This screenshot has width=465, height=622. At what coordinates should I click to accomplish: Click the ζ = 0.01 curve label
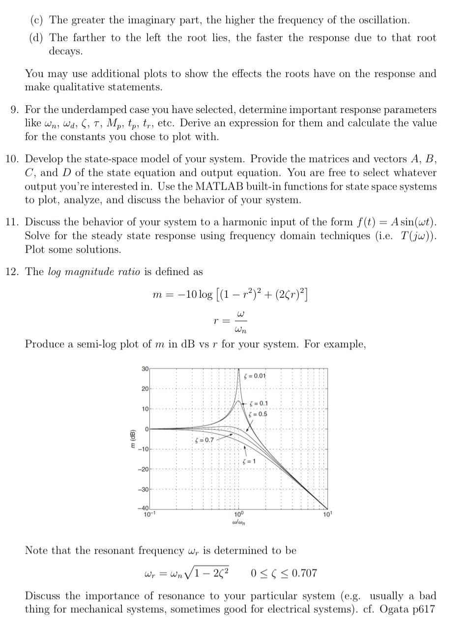coord(255,376)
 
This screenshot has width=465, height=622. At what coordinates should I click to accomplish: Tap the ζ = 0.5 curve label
coord(259,414)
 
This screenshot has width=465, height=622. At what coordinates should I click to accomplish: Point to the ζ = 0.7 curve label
coord(204,440)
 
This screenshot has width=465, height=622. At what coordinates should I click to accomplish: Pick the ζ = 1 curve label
coord(249,461)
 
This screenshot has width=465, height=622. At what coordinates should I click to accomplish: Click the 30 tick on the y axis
coord(145,368)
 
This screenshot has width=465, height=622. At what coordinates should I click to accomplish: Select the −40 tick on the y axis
coord(143,508)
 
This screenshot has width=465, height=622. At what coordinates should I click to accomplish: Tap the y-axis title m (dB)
coord(132,438)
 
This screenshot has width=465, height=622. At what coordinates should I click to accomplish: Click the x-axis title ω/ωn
coord(238,522)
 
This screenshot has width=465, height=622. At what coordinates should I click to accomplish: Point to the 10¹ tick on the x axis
coord(327,514)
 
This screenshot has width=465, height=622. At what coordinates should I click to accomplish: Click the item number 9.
coord(14,110)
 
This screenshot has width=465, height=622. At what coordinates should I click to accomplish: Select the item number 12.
coord(12,272)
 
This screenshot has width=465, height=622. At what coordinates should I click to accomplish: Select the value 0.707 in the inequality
coord(304,573)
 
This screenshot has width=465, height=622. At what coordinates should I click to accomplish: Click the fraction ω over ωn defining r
coord(240,321)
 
